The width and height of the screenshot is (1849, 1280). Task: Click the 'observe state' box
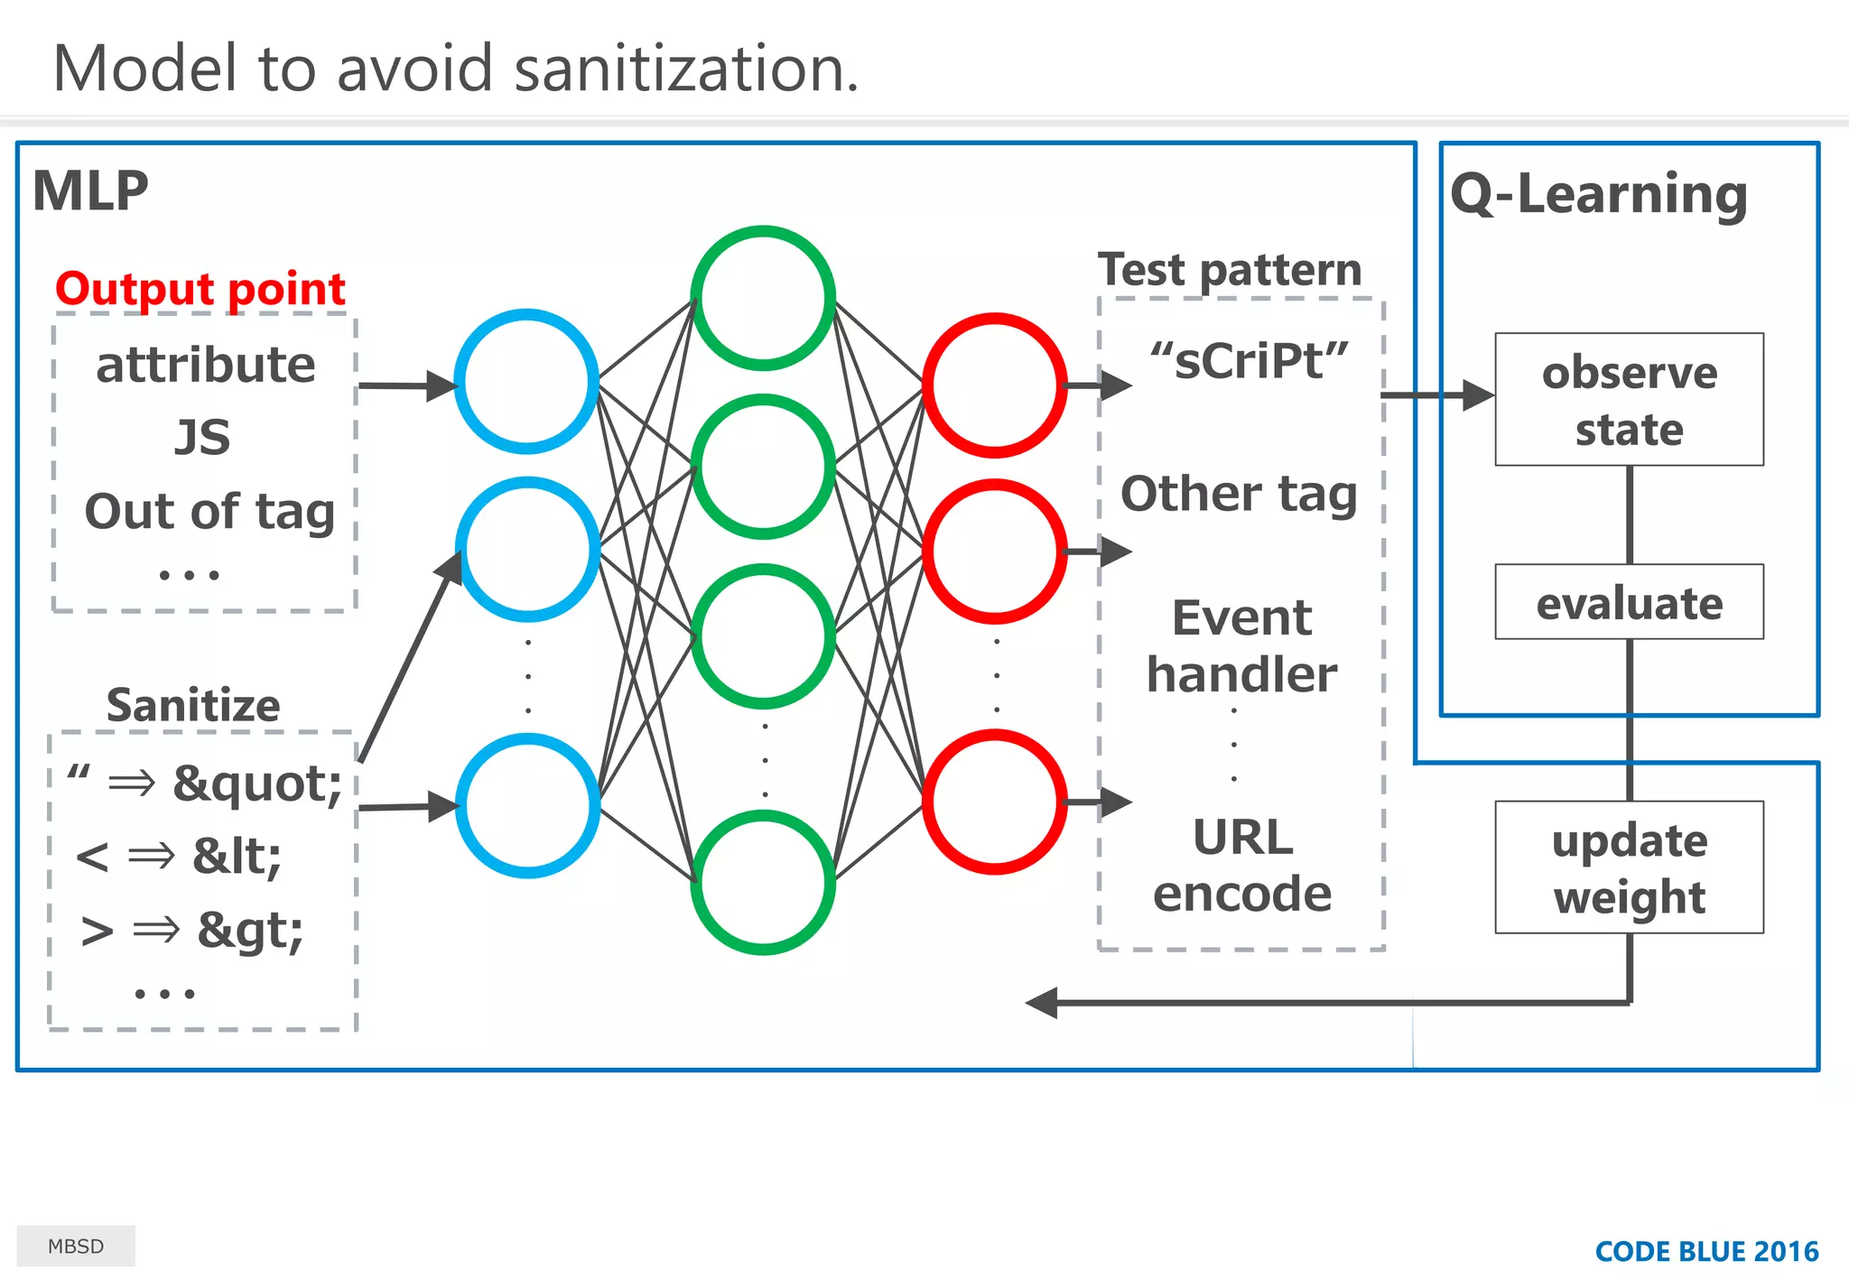coord(1629,400)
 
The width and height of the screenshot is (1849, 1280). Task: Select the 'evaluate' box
coord(1629,602)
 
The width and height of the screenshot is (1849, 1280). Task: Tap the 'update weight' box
coord(1629,867)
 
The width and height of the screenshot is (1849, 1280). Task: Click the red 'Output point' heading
coord(200,289)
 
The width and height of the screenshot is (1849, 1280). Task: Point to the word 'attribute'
coord(206,365)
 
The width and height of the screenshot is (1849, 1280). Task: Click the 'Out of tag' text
coord(209,511)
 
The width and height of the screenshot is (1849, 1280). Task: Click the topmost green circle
coord(763,298)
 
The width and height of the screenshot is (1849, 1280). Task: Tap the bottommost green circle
coord(763,882)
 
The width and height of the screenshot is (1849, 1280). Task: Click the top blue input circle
coord(526,382)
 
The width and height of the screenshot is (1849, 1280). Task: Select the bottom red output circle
coord(995,802)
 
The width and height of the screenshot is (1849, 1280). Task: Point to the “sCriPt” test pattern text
coord(1249,360)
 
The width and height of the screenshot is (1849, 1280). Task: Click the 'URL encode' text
coord(1242,865)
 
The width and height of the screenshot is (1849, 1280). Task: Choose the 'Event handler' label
coord(1242,645)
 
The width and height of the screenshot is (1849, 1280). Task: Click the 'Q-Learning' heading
coord(1599,194)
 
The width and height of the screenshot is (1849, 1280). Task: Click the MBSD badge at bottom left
coord(76,1246)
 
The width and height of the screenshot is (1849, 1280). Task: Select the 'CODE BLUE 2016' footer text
coord(1706,1251)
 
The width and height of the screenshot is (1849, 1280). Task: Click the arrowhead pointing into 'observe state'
coord(1478,395)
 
